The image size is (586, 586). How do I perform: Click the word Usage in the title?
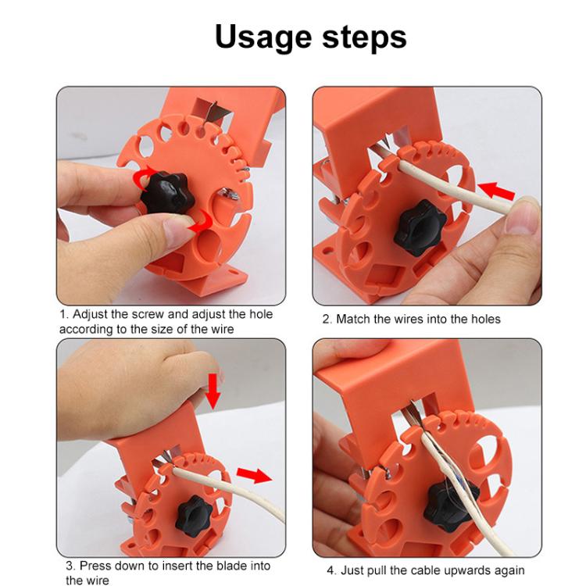click(262, 37)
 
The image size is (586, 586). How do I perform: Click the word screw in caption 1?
click(155, 314)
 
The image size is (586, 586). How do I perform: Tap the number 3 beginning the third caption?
click(69, 566)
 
